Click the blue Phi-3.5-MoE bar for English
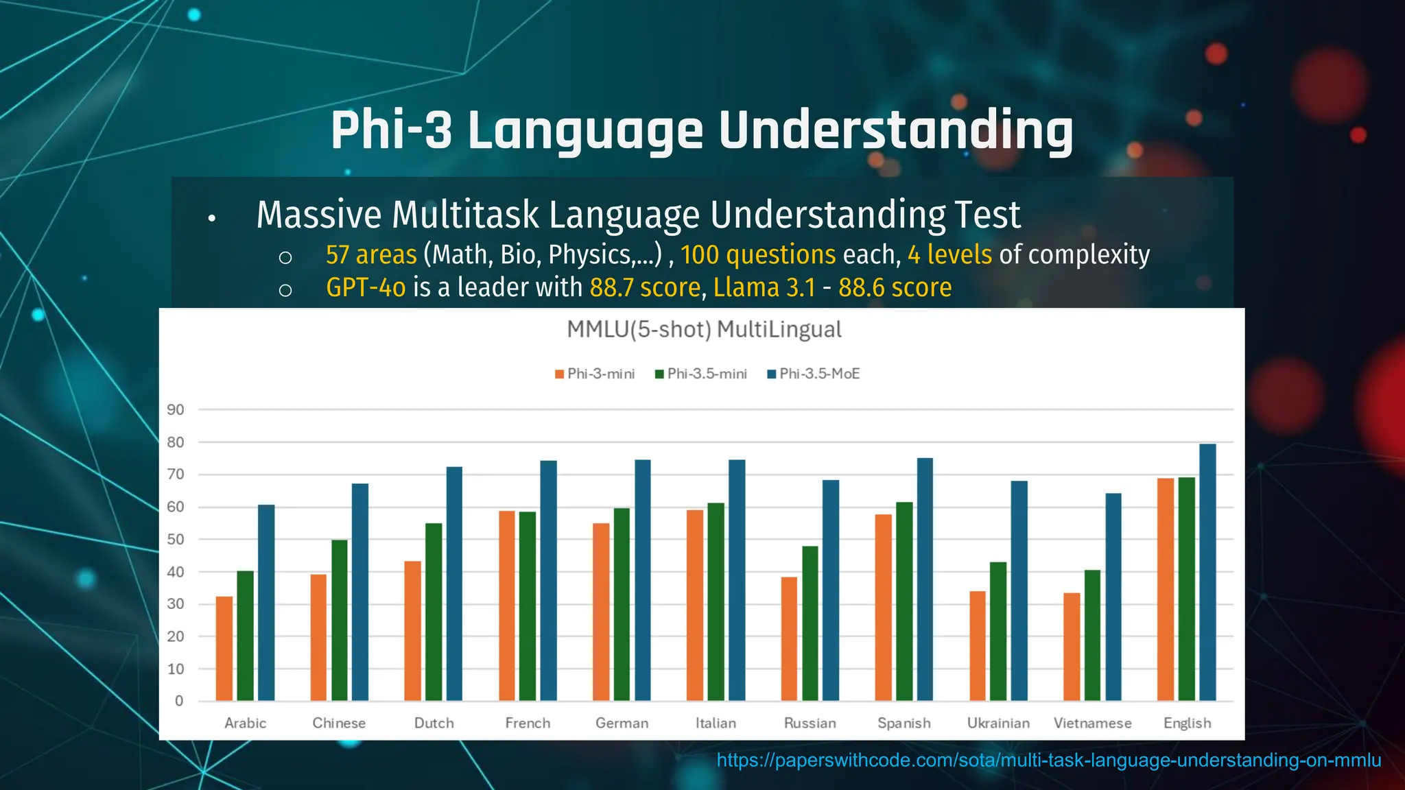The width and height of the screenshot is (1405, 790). pyautogui.click(x=1207, y=573)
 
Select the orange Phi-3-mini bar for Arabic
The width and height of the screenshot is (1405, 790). pyautogui.click(x=224, y=649)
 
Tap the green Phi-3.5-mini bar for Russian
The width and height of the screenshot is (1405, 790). pyautogui.click(x=810, y=623)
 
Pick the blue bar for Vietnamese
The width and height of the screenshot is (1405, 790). pyautogui.click(x=1113, y=597)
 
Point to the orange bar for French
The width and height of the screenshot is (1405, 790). pyautogui.click(x=507, y=606)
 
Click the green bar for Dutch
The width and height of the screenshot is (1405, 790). pyautogui.click(x=434, y=612)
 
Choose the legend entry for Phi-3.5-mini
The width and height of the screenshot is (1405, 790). pyautogui.click(x=700, y=374)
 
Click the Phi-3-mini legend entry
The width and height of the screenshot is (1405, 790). pyautogui.click(x=595, y=374)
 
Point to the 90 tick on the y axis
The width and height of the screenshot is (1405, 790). pyautogui.click(x=176, y=410)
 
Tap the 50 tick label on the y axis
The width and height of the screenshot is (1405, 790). pyautogui.click(x=176, y=540)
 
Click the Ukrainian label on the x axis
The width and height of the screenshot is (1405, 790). pyautogui.click(x=998, y=723)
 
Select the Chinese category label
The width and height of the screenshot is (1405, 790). pyautogui.click(x=339, y=723)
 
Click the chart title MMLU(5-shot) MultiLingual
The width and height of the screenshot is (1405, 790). pyautogui.click(x=704, y=330)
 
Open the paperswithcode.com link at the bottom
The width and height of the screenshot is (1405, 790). pyautogui.click(x=1048, y=761)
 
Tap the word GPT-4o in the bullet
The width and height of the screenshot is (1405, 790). pyautogui.click(x=366, y=287)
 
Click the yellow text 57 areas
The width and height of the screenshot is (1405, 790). pyautogui.click(x=371, y=255)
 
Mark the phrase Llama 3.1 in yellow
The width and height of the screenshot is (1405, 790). pyautogui.click(x=764, y=287)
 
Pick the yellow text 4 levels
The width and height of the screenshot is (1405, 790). pyautogui.click(x=949, y=255)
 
